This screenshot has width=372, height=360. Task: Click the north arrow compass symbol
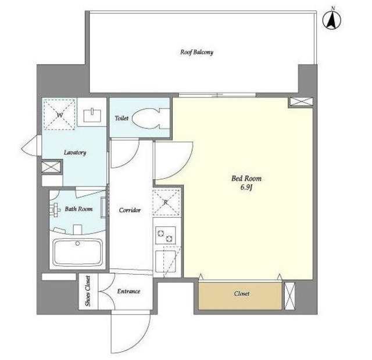coord(332,20)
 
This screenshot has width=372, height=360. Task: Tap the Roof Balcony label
coord(196,52)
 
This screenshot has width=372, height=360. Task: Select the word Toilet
coord(121,118)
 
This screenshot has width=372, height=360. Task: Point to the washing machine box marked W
coord(59,115)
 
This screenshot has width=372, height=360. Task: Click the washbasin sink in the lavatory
coord(92,115)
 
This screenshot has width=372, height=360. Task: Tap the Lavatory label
coord(75,152)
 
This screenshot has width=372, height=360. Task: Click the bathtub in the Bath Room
coord(77,253)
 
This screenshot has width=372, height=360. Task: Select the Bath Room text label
coord(78,209)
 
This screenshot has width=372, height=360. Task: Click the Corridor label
coord(130,210)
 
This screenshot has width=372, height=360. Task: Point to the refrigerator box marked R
coord(166,203)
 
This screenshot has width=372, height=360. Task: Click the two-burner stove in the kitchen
coord(166,235)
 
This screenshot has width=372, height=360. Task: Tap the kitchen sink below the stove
coord(165,262)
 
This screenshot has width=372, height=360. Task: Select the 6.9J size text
coord(246,188)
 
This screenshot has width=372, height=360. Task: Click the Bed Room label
coord(246,178)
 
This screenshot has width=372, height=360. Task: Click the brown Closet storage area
coord(240,296)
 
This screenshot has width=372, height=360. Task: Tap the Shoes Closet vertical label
coord(88,291)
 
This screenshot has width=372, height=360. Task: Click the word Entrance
coord(128,291)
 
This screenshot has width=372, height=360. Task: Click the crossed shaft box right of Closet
coord(289,296)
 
